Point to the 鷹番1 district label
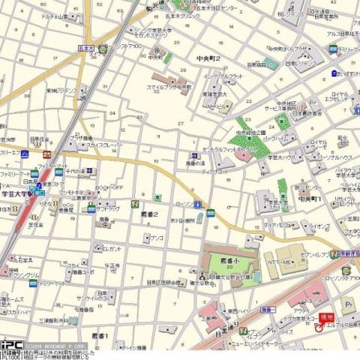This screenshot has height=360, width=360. coord(100,335)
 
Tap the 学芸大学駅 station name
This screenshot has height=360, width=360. coord(17,192)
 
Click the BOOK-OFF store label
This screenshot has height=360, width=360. coord(110,187)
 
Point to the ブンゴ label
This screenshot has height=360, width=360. coord(157,238)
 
